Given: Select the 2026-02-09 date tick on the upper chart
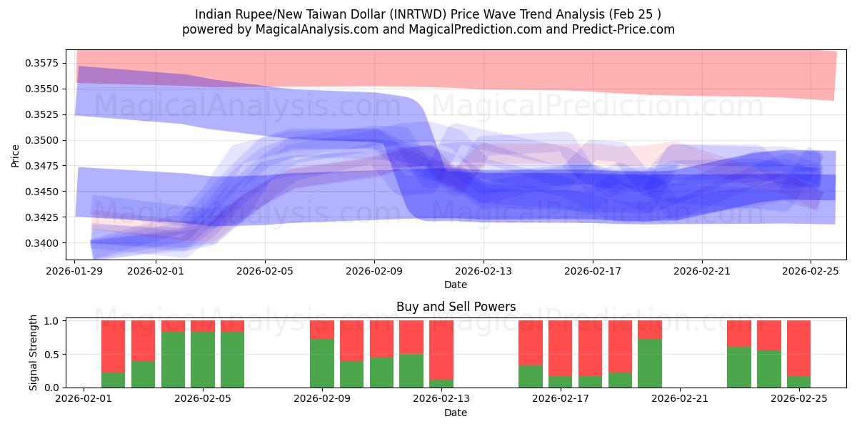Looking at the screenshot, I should click(374, 272).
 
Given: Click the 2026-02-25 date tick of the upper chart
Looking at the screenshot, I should click(811, 272).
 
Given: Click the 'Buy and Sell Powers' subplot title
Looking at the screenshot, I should click(456, 307).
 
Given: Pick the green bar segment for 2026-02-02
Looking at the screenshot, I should click(114, 380).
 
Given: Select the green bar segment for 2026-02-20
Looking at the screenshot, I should click(650, 363).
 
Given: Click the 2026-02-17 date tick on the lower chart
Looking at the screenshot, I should click(561, 399).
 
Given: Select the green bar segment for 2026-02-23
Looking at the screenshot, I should click(739, 367).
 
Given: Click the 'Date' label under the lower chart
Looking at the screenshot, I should click(456, 413).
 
